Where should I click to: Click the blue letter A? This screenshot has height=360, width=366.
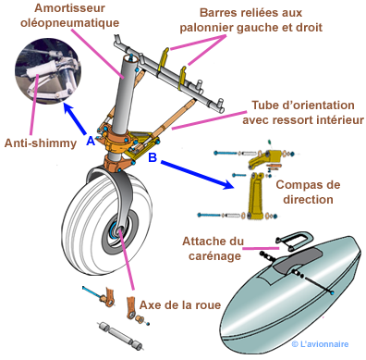(x=91, y=141)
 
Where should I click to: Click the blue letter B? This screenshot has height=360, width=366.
(x=152, y=157)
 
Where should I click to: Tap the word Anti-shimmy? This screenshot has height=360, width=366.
(x=41, y=143)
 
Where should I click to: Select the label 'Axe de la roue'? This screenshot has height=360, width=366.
(x=180, y=305)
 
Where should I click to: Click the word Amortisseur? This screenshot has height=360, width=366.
(x=69, y=8)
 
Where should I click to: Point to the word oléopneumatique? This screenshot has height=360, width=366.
(x=69, y=23)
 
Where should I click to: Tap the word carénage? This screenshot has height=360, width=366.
(x=214, y=256)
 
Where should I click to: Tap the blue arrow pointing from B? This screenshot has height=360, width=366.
(x=197, y=174)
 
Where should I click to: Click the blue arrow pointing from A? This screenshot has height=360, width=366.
(x=75, y=118)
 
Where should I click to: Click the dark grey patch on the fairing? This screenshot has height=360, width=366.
(x=297, y=260)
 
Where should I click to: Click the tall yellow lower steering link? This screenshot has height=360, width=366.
(x=256, y=196)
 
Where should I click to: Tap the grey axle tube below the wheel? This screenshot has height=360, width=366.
(x=121, y=335)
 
